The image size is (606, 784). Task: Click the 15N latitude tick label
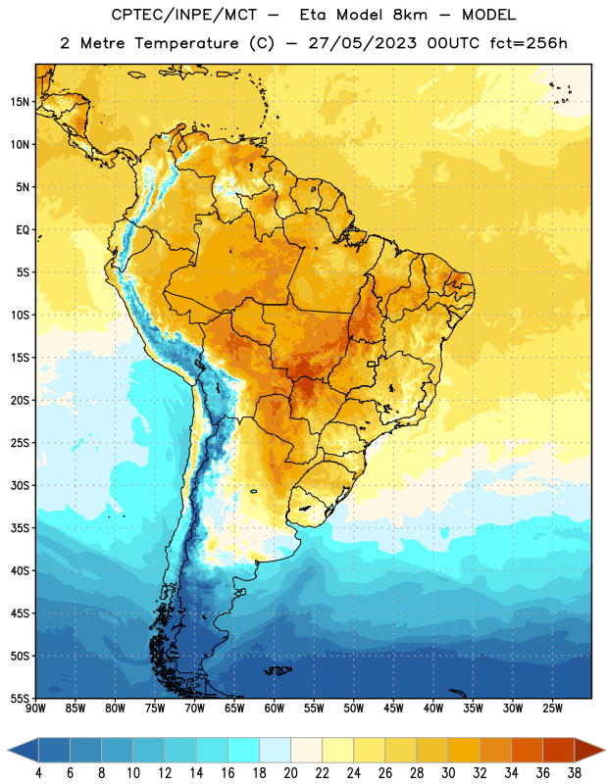(x=20, y=102)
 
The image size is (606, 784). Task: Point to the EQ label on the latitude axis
(x=23, y=230)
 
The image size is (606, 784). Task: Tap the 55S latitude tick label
(x=20, y=698)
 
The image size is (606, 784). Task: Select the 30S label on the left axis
(x=20, y=485)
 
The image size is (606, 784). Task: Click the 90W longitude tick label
(x=35, y=709)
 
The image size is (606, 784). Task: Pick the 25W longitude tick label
(x=552, y=709)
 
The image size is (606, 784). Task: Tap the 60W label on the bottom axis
(x=275, y=709)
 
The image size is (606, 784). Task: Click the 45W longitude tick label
(x=393, y=709)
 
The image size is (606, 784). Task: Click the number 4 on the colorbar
(x=38, y=773)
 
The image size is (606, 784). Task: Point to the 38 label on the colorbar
(x=575, y=773)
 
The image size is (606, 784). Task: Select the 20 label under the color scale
(x=290, y=773)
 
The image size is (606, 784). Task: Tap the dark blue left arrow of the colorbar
(x=23, y=751)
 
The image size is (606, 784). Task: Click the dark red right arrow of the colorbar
(x=589, y=751)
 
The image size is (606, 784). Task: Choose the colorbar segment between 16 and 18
(x=244, y=751)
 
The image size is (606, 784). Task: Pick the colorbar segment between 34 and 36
(x=527, y=751)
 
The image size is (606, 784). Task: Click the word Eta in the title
(x=313, y=15)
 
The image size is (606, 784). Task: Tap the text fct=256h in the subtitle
(x=529, y=43)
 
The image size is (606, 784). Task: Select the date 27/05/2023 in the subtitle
(x=362, y=43)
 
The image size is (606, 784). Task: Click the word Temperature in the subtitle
(x=186, y=44)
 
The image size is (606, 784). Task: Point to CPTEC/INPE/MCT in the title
(x=184, y=15)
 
